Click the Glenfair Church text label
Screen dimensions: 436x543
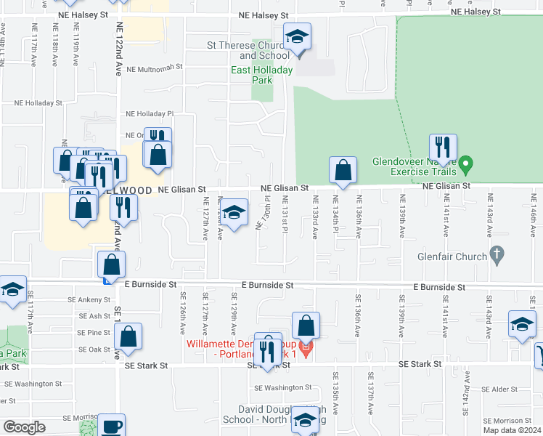click(454, 256)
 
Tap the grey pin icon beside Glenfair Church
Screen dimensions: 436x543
click(497, 254)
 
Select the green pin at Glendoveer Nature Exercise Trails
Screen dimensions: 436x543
click(467, 163)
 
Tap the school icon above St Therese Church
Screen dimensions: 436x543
click(296, 40)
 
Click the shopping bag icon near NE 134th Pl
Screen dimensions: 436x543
click(343, 171)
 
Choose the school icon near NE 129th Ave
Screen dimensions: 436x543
click(234, 213)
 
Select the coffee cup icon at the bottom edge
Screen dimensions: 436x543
click(111, 426)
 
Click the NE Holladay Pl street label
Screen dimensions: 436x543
click(150, 114)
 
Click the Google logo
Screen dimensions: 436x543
click(24, 427)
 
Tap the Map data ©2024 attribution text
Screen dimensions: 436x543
click(512, 430)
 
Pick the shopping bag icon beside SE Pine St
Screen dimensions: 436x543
click(128, 336)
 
